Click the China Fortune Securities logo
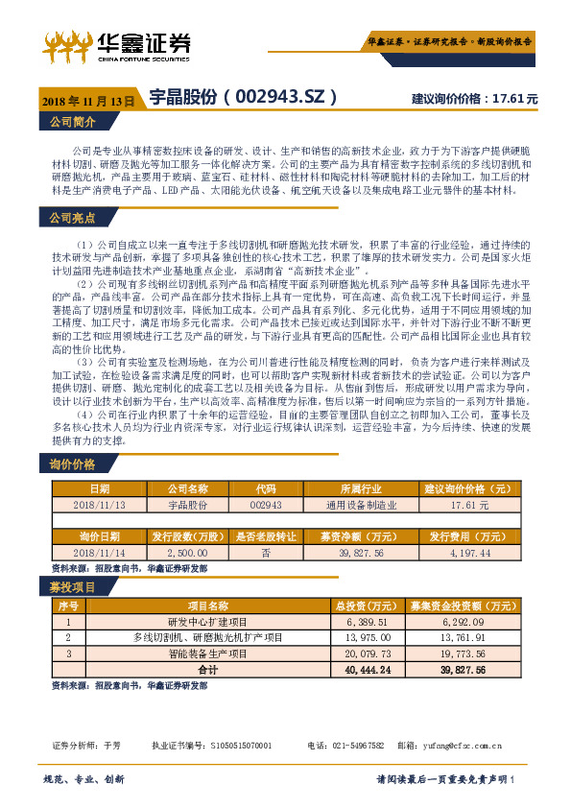pos(116,44)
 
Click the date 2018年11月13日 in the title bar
pos(88,100)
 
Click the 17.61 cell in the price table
pos(464,504)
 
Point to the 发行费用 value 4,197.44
pos(464,553)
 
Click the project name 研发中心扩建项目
pos(207,622)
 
